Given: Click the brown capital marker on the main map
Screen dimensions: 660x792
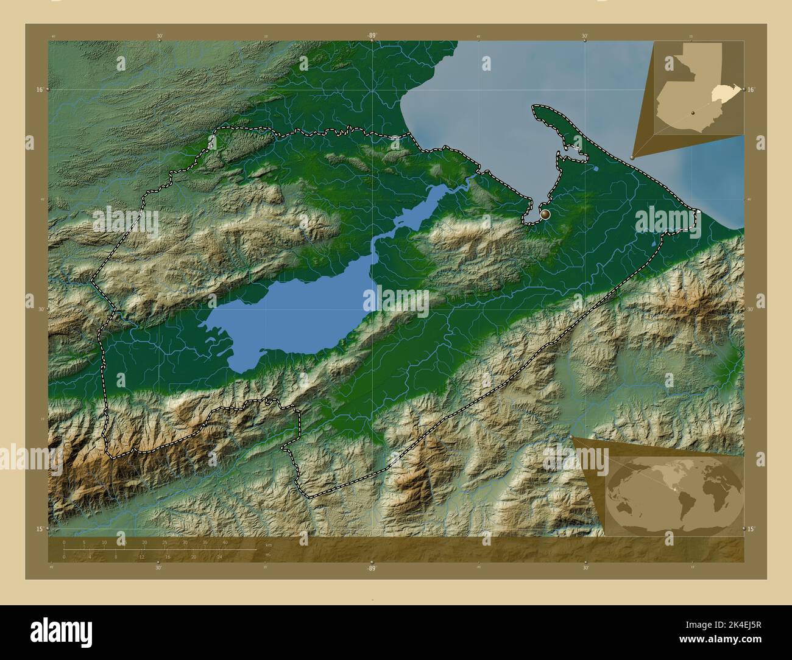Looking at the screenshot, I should click(545, 214).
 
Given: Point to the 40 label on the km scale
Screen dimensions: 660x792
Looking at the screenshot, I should click(225, 542).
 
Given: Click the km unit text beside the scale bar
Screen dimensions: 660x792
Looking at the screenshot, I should click(269, 544).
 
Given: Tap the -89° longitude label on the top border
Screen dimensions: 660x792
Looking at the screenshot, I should click(372, 36).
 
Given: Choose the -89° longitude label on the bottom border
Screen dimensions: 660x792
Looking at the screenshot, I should click(372, 568).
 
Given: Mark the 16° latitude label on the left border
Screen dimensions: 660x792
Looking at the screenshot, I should click(39, 90).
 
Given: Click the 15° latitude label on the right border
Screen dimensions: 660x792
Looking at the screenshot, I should click(751, 528).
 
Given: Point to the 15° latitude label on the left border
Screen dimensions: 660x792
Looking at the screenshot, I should click(39, 528).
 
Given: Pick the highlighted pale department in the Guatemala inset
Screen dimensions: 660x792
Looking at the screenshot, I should click(724, 93).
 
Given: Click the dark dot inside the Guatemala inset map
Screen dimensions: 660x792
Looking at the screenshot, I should click(693, 113).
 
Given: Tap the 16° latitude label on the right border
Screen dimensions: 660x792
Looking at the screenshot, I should click(751, 90).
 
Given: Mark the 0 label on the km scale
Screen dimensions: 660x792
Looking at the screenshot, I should click(64, 542).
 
